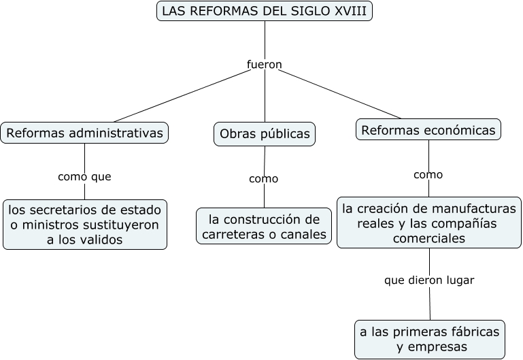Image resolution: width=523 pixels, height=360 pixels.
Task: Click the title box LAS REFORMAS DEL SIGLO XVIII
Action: coord(265,11)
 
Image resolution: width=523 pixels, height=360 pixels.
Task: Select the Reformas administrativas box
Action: coord(84,133)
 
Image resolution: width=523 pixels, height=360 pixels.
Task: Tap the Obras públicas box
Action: coord(265,134)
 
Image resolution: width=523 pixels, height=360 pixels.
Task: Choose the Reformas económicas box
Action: coord(428,129)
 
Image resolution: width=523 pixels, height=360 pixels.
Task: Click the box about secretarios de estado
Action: coord(85,224)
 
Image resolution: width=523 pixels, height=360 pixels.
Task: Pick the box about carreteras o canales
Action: coord(265,227)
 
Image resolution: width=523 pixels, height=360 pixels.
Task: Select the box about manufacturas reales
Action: coord(429,223)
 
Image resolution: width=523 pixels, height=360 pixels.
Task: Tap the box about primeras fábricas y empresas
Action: coord(430,339)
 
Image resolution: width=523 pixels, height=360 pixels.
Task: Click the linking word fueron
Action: coord(264,65)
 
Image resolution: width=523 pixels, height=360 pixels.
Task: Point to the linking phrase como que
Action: coord(84,176)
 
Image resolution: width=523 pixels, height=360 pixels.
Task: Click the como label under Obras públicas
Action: coord(264,179)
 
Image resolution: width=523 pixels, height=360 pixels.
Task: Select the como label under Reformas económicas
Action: coord(428,174)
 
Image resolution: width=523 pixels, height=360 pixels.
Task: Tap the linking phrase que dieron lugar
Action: coord(429,280)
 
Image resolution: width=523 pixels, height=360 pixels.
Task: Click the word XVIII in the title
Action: coord(350,11)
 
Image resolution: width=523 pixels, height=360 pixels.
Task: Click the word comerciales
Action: coord(429,239)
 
